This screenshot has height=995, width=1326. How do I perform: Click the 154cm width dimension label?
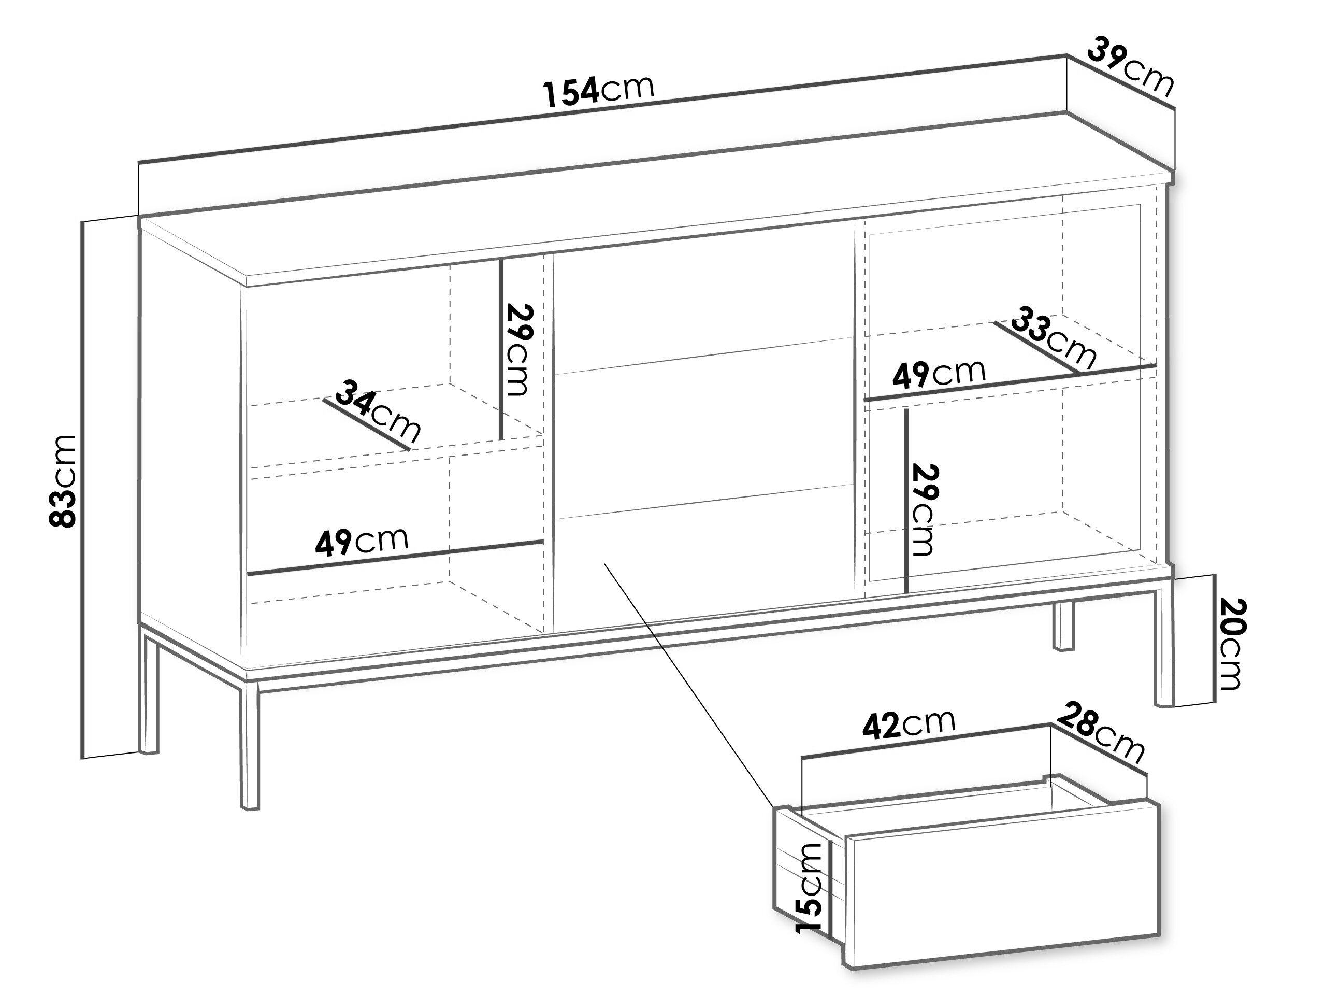(x=598, y=92)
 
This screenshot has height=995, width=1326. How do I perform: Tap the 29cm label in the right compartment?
(x=923, y=510)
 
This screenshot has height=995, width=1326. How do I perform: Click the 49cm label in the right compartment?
(x=939, y=374)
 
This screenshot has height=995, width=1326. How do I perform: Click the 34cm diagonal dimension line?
(x=366, y=424)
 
